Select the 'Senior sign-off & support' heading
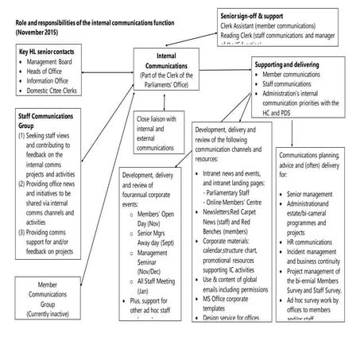(x=262, y=16)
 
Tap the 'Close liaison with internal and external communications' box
(x=154, y=133)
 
